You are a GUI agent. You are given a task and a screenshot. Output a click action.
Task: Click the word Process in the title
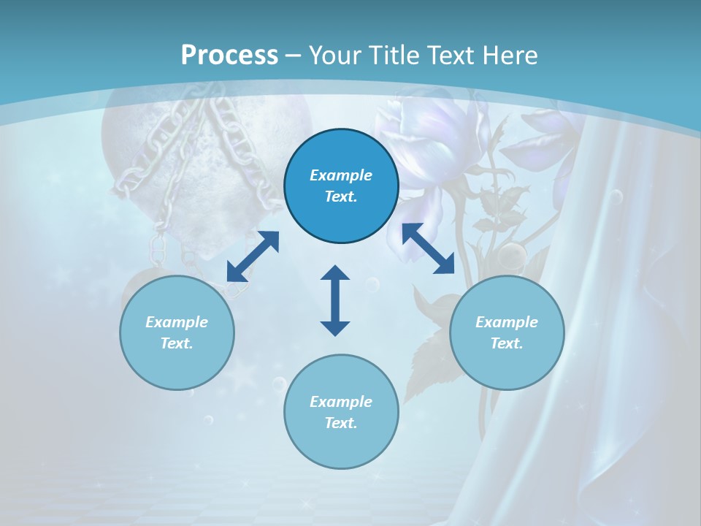[229, 56]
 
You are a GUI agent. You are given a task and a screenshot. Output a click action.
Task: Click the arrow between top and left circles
[253, 256]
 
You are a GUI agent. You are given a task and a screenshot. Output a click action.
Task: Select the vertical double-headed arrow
[335, 300]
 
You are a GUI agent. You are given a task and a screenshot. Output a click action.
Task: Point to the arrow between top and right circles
[428, 248]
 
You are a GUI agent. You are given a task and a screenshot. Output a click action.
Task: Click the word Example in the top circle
[341, 175]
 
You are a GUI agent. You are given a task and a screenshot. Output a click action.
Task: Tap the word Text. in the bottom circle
[341, 423]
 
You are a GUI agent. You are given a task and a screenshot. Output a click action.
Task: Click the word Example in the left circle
[177, 322]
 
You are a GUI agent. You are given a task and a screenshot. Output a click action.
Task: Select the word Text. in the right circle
[507, 343]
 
